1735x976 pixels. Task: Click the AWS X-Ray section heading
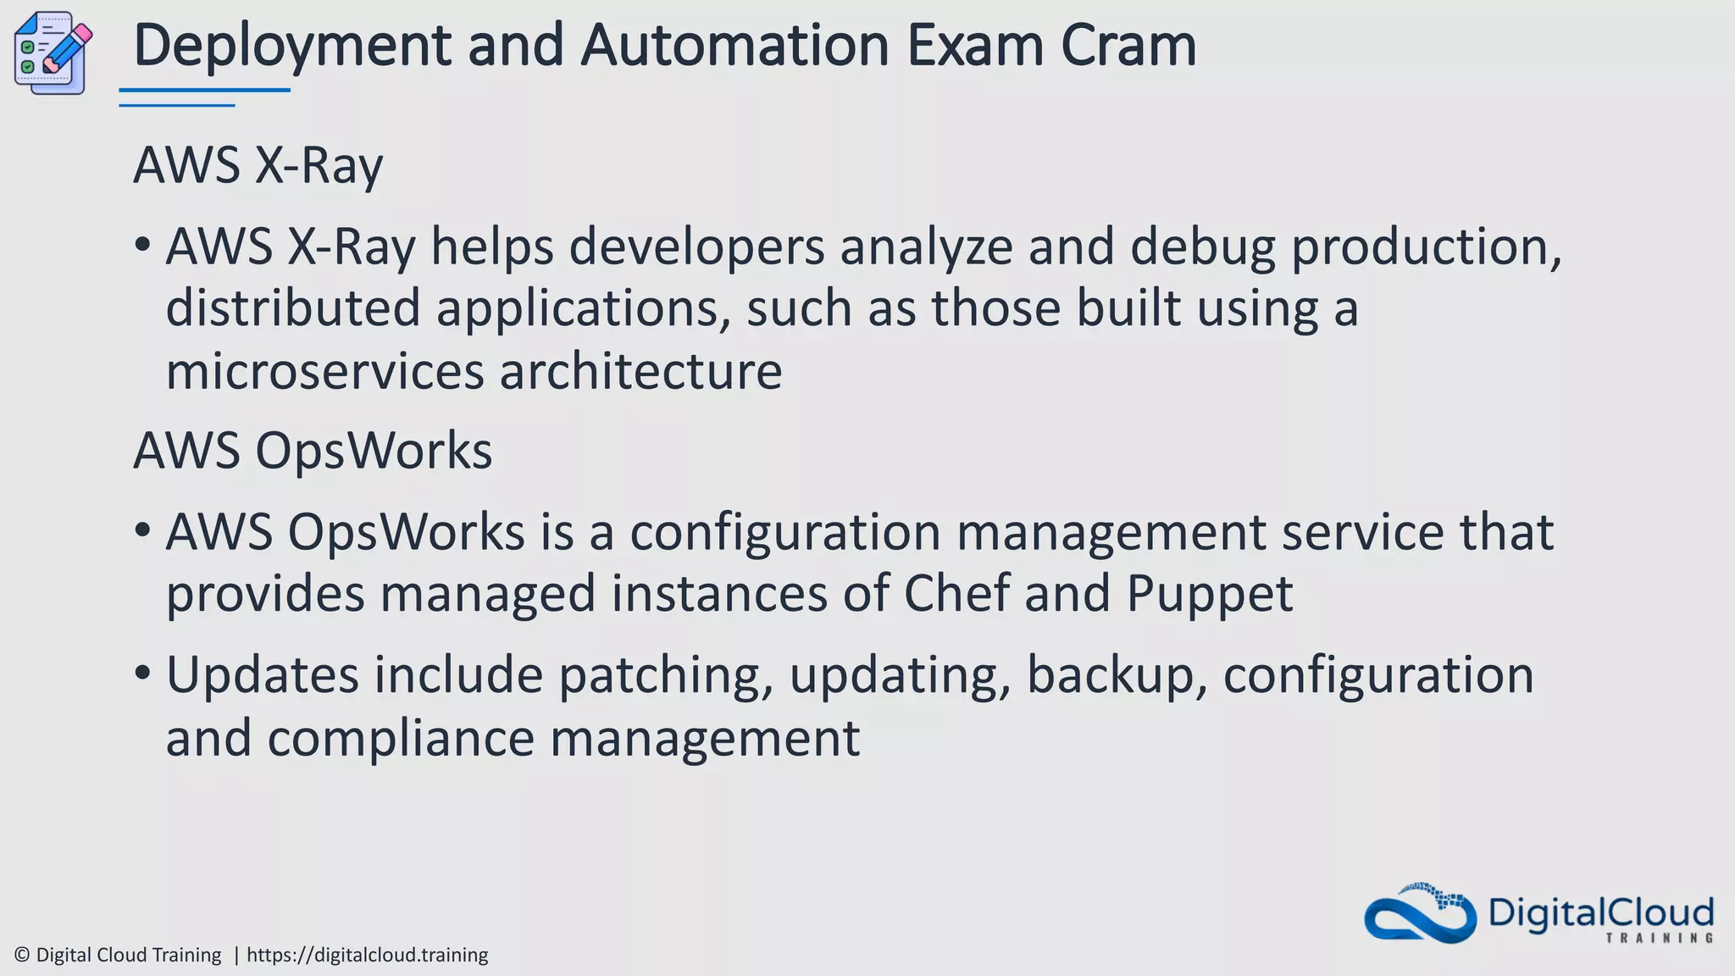258,165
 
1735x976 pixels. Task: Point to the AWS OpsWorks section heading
313,450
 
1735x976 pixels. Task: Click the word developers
696,247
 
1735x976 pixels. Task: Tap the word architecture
640,371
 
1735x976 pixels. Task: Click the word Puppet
1209,595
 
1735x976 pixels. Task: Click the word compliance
401,739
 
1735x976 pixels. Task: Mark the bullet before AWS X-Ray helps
142,247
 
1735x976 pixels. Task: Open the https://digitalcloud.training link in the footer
367,955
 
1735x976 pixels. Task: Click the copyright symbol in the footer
22,955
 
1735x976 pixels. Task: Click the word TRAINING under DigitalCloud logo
1659,938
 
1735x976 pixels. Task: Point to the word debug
1202,247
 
